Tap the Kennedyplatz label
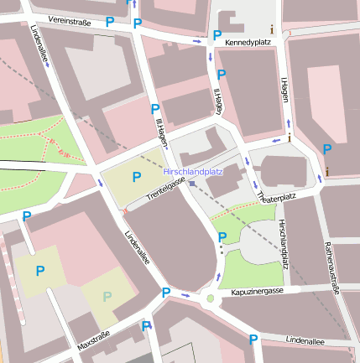pyautogui.click(x=249, y=40)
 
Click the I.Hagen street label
pyautogui.click(x=284, y=89)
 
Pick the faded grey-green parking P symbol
pyautogui.click(x=107, y=296)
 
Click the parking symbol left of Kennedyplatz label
pyautogui.click(x=217, y=36)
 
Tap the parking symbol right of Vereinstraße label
pyautogui.click(x=111, y=21)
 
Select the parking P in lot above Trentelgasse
pyautogui.click(x=137, y=177)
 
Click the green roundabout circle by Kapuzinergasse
pyautogui.click(x=210, y=298)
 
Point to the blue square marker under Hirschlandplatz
pyautogui.click(x=192, y=182)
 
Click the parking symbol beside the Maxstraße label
pyautogui.click(x=146, y=326)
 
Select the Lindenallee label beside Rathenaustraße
pyautogui.click(x=305, y=341)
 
